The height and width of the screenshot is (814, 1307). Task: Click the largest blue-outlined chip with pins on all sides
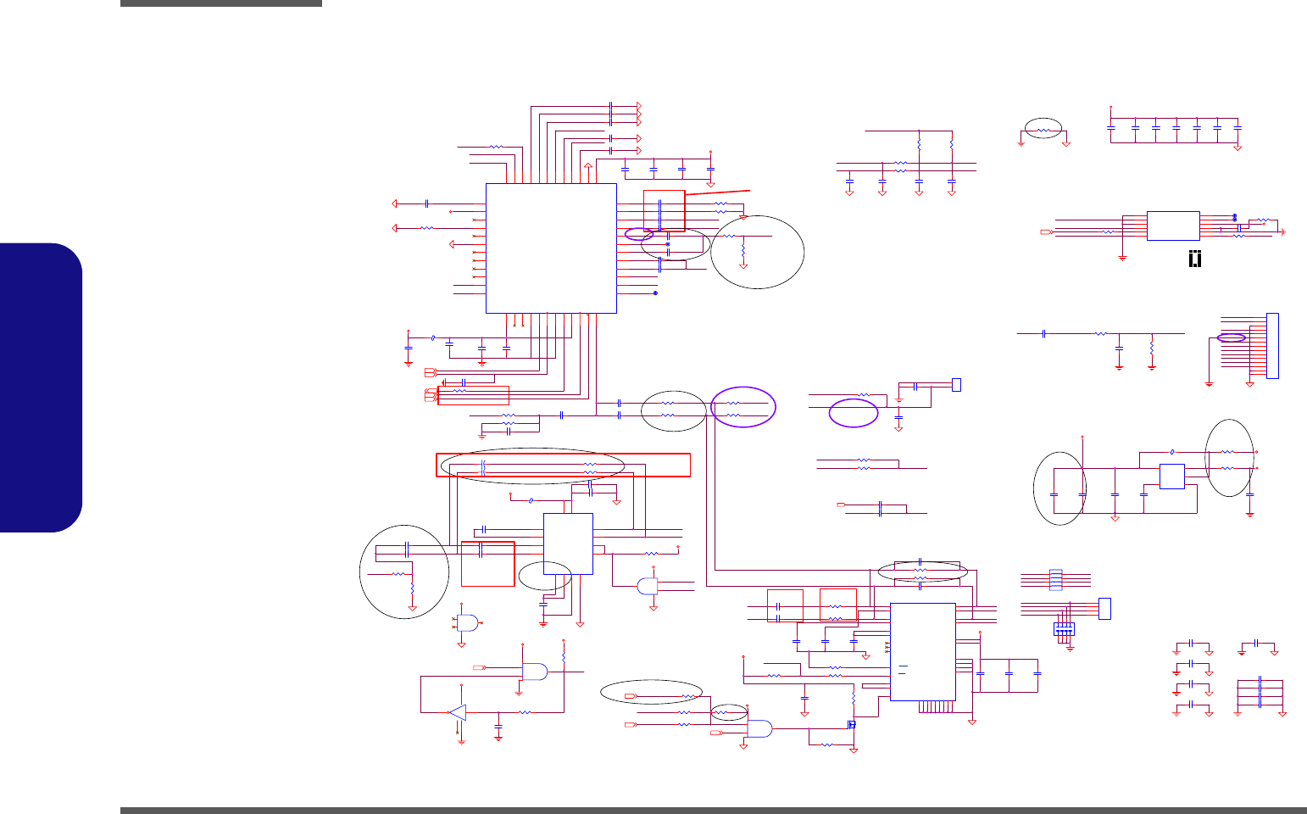click(551, 248)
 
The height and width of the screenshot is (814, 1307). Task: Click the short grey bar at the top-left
click(220, 3)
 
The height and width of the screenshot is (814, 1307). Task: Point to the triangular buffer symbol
click(457, 712)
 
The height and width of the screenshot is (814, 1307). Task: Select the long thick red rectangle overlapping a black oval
click(563, 465)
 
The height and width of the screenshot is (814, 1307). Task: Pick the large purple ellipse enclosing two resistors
click(743, 407)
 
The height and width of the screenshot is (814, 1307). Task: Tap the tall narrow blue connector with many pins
click(1271, 346)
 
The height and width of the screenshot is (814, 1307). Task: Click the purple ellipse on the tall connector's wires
click(1232, 337)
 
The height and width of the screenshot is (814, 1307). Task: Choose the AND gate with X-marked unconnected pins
click(467, 622)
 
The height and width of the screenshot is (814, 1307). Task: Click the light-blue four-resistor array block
click(1055, 580)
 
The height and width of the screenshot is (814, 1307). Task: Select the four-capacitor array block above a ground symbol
click(1064, 629)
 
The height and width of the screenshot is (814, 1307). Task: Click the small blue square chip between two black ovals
click(1171, 477)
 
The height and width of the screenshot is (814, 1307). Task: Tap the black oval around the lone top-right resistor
click(1043, 129)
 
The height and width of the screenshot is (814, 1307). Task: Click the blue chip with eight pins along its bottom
click(923, 652)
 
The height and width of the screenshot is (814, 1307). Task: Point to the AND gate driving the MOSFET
click(759, 728)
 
